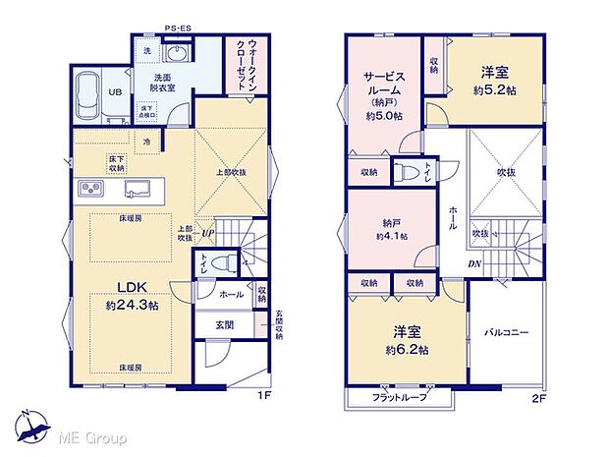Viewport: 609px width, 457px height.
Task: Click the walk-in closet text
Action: click(x=241, y=66)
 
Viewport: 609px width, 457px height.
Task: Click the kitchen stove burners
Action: click(x=85, y=189)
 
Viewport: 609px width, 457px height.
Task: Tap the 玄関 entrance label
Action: click(x=224, y=324)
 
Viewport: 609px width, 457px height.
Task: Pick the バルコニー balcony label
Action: click(x=506, y=332)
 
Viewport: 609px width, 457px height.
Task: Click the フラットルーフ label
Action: click(x=399, y=396)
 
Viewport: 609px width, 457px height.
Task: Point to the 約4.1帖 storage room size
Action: click(x=391, y=237)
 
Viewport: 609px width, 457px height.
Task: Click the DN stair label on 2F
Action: click(x=473, y=265)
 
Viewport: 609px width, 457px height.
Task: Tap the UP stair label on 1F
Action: click(x=208, y=233)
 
